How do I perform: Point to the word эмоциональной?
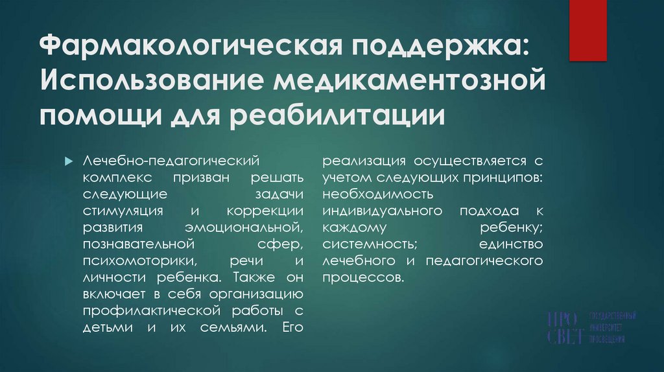point(243,227)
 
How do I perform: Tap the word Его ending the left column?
point(294,329)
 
